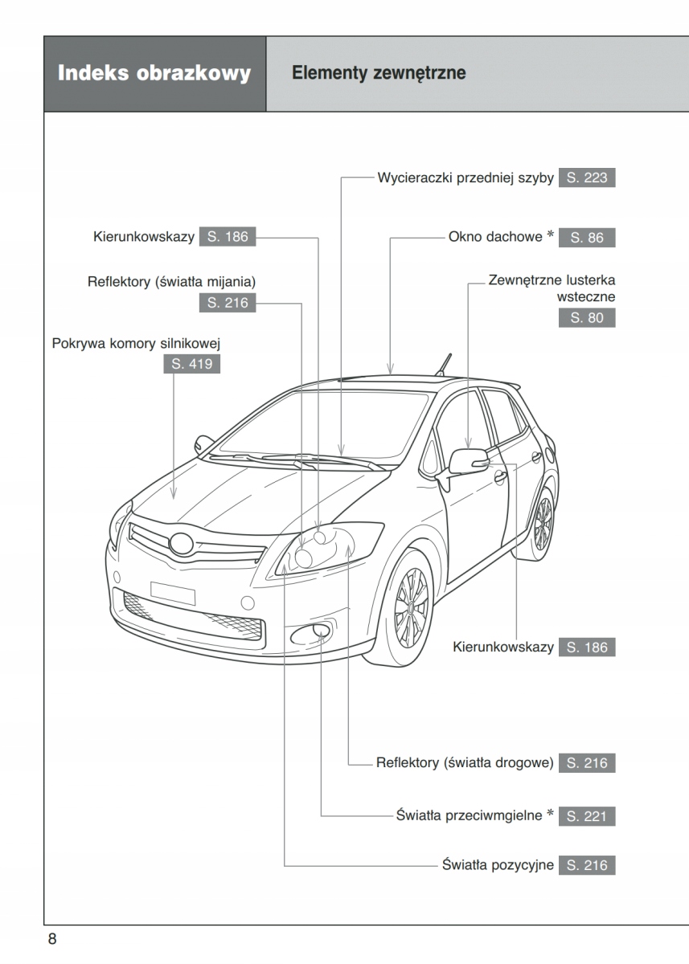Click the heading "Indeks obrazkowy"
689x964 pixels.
pos(154,74)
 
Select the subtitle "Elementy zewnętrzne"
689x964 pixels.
pos(379,74)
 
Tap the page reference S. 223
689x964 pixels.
pos(587,178)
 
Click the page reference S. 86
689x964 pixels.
pos(587,238)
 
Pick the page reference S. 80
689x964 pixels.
pos(587,317)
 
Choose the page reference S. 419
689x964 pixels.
pos(192,365)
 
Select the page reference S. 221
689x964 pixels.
pos(587,816)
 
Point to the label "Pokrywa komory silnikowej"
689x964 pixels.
pos(136,344)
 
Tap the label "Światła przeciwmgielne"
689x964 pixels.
pos(470,816)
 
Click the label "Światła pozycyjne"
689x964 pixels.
pos(498,865)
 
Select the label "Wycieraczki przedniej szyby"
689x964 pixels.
pos(465,178)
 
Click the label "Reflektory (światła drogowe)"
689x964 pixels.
pos(465,762)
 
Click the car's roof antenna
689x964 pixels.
pos(443,363)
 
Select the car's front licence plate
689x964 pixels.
pos(173,592)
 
